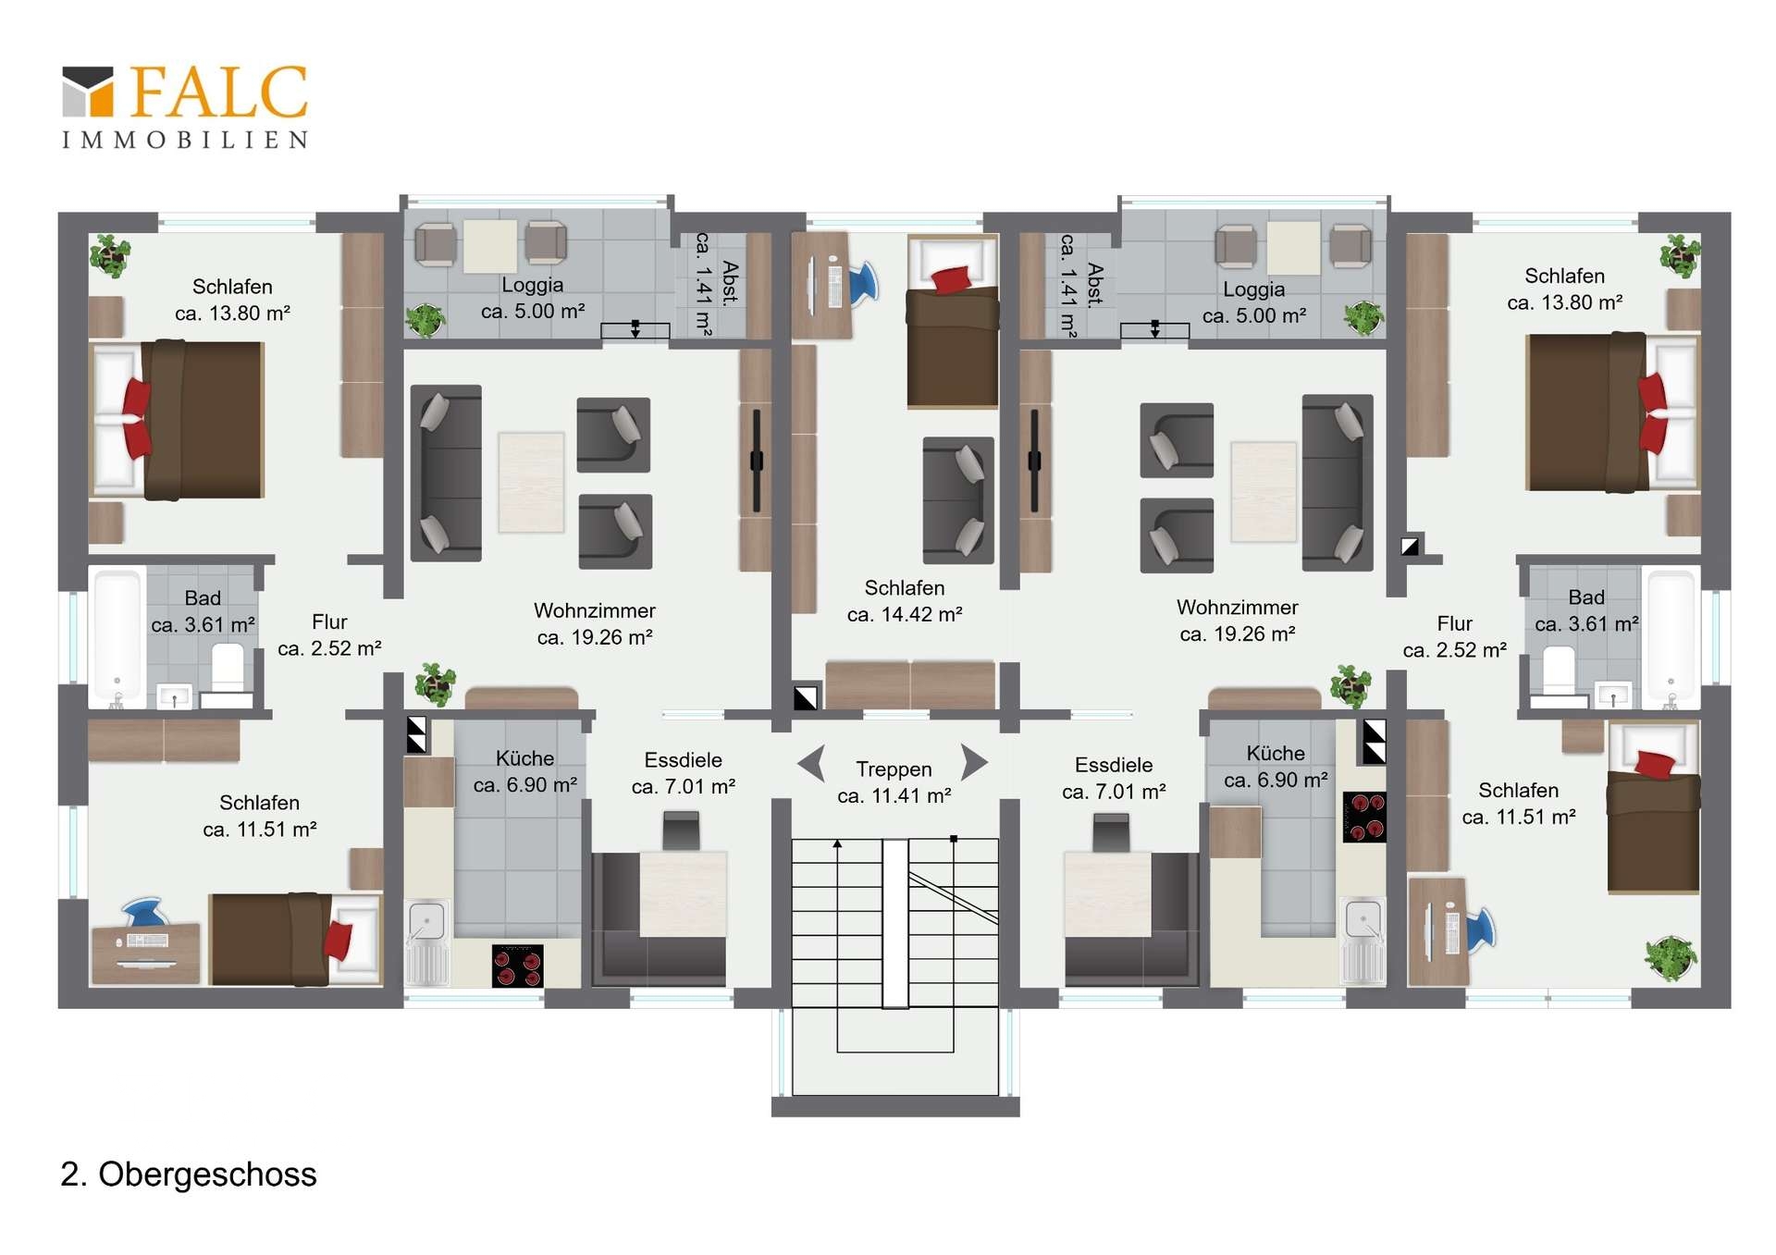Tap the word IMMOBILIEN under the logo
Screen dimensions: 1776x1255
point(185,141)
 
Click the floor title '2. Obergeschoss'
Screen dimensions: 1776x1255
point(189,1174)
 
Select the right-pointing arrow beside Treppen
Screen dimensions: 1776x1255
point(975,762)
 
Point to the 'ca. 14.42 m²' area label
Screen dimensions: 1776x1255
point(905,614)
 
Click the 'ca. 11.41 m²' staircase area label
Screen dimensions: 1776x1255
point(894,795)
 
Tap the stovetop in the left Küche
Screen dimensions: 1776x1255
point(517,966)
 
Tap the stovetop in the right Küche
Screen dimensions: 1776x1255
point(1364,817)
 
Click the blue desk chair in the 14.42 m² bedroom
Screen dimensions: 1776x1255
point(864,283)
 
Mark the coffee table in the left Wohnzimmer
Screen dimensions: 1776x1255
point(531,482)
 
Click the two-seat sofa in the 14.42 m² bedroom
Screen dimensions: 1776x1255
point(958,499)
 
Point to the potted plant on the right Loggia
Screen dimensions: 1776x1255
point(1363,318)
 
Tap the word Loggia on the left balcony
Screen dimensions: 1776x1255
point(533,285)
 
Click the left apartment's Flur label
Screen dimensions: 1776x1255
point(329,621)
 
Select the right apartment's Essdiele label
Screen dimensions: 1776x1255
point(1114,765)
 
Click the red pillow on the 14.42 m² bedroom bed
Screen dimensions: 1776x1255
point(951,278)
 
